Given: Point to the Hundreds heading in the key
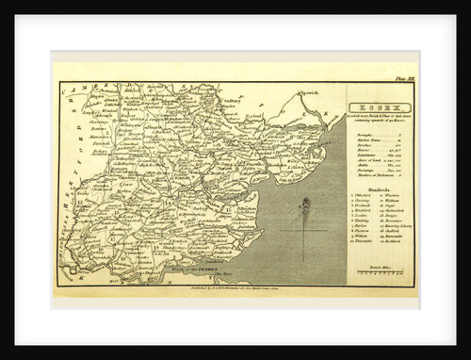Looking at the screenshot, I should point(374,188).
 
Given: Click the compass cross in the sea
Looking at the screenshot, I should point(305,229).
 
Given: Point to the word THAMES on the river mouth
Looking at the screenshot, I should point(203,270).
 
